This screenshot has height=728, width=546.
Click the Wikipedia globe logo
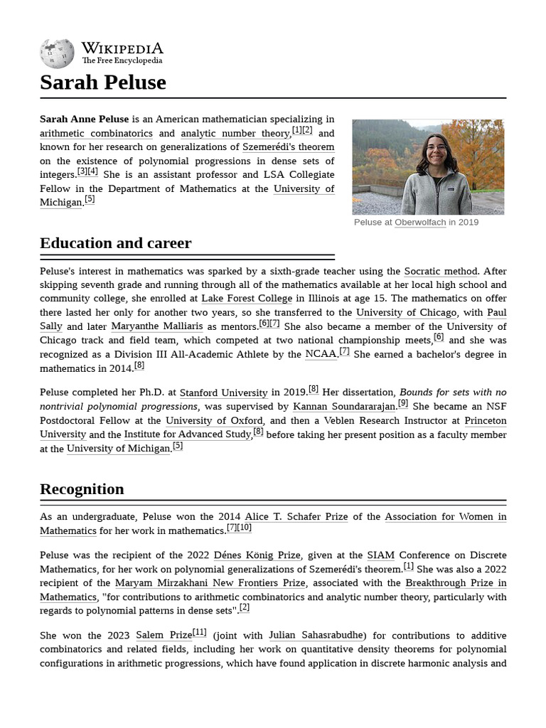tap(57, 53)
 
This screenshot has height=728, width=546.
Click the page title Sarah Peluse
tap(103, 82)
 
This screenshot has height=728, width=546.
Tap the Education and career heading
tap(115, 243)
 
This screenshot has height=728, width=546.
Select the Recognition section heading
tap(82, 489)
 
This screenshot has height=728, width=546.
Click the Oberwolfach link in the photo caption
tap(420, 223)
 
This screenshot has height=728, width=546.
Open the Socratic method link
tap(441, 272)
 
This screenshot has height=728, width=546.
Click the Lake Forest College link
tap(247, 299)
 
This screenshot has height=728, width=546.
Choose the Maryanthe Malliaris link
tap(156, 326)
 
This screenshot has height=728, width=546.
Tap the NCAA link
tap(321, 354)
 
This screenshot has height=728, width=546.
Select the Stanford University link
tap(223, 392)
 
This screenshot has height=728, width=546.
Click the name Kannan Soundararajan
tap(344, 407)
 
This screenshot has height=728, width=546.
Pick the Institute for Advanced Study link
tap(188, 434)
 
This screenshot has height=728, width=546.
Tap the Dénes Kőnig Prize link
tap(257, 555)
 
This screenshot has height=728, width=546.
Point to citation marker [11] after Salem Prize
tap(200, 632)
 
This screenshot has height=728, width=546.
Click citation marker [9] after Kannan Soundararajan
tap(403, 404)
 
